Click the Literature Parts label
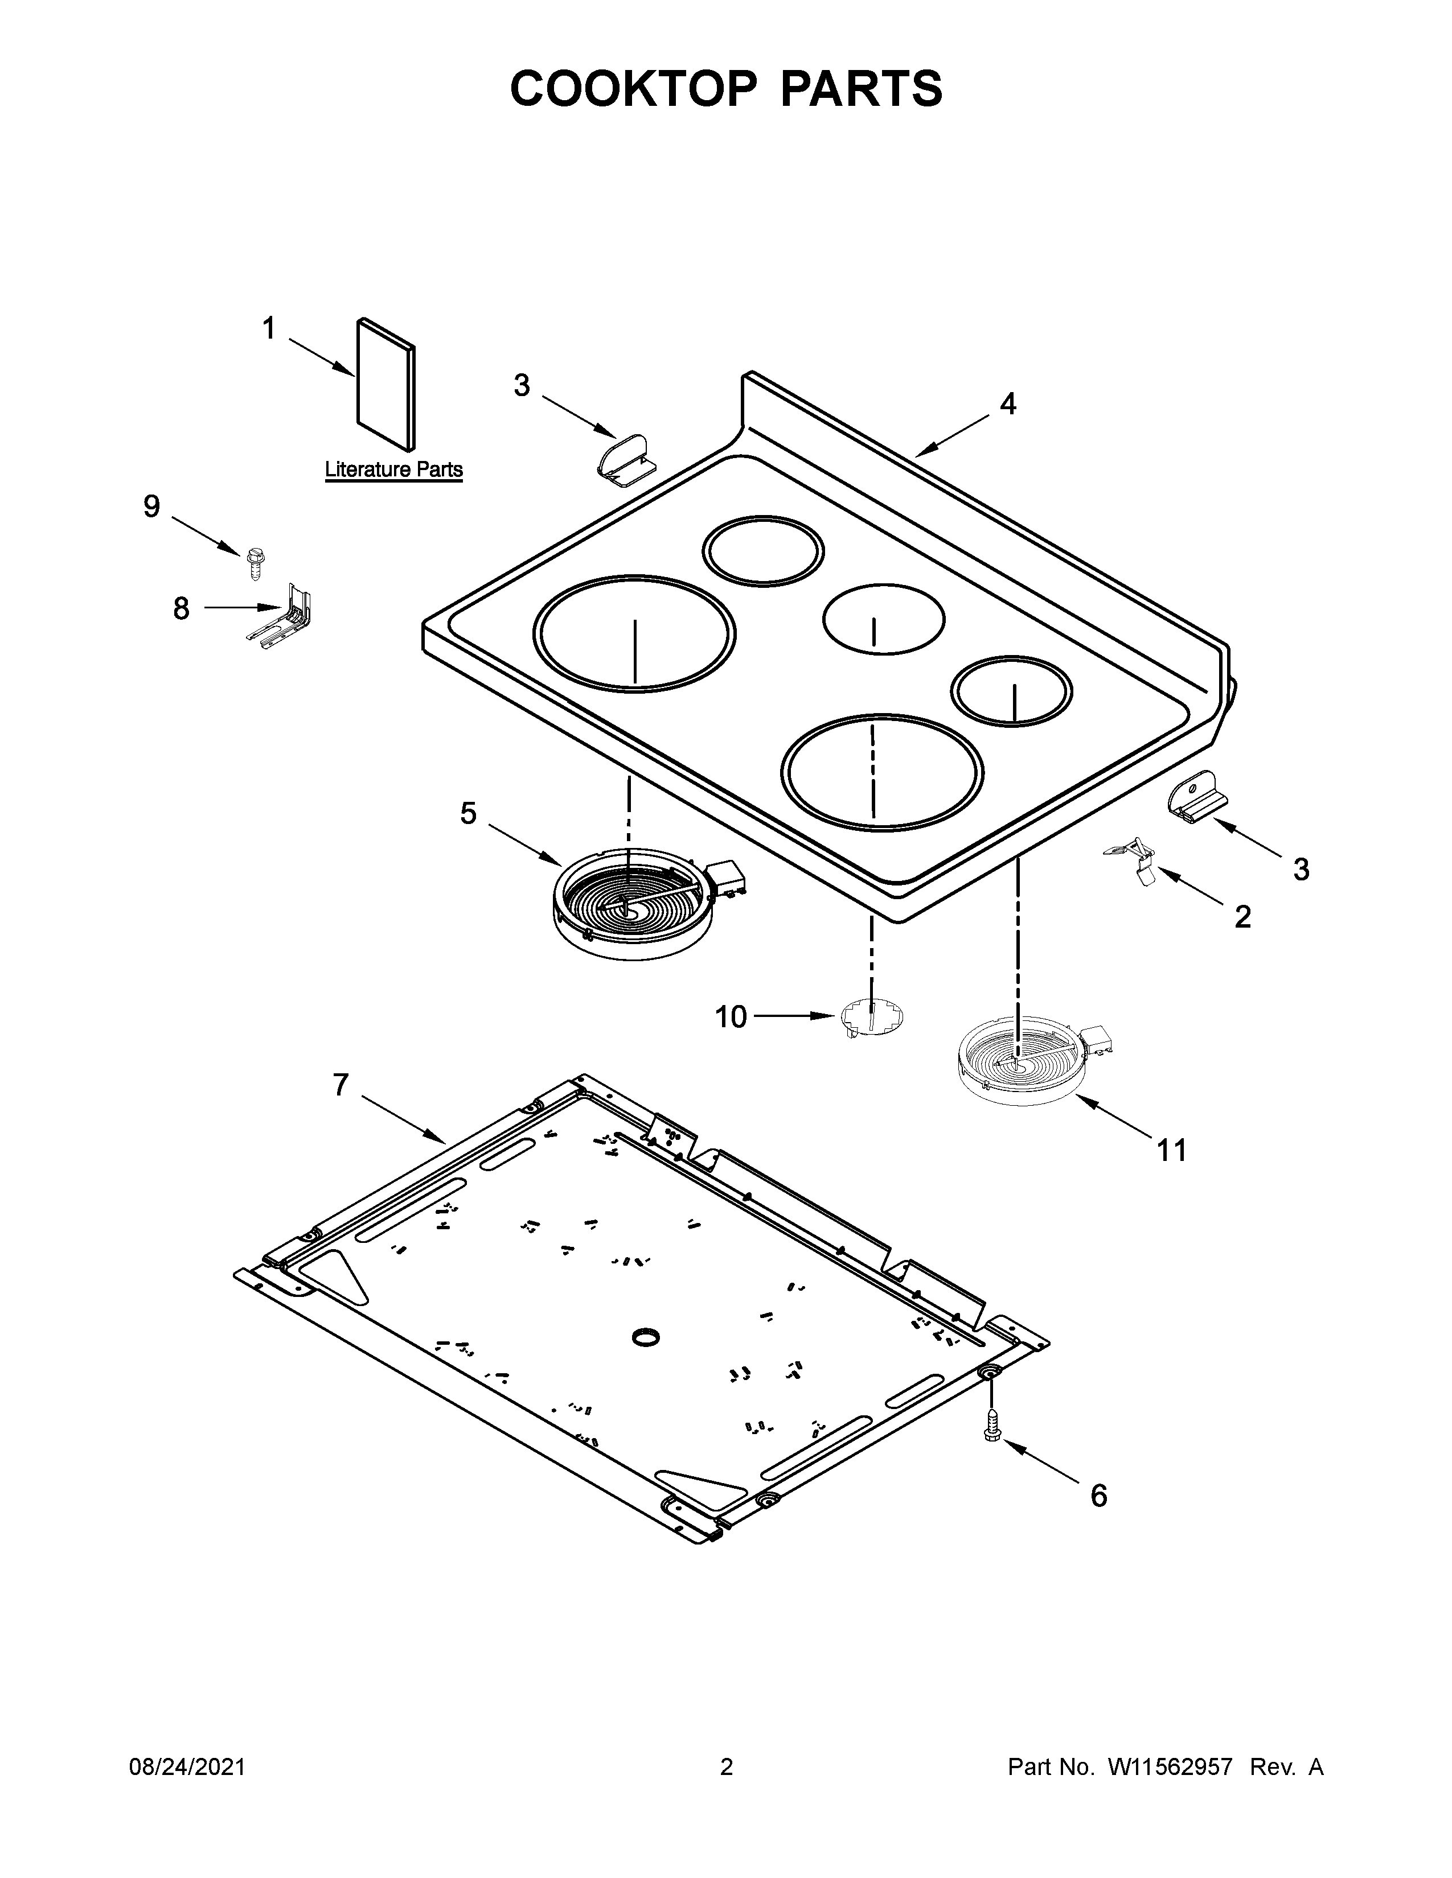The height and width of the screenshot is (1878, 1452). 393,469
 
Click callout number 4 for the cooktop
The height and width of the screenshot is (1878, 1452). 1008,403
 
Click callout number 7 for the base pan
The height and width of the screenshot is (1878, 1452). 341,1086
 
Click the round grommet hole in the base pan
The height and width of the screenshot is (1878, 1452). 645,1336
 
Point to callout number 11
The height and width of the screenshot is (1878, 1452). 1172,1150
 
